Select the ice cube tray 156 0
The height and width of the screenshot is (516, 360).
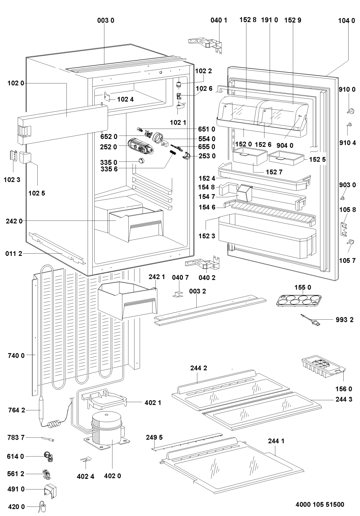(322, 367)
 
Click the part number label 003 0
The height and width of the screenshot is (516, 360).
(106, 20)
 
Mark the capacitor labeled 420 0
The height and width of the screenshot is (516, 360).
(43, 507)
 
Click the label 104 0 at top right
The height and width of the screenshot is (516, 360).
(347, 20)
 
